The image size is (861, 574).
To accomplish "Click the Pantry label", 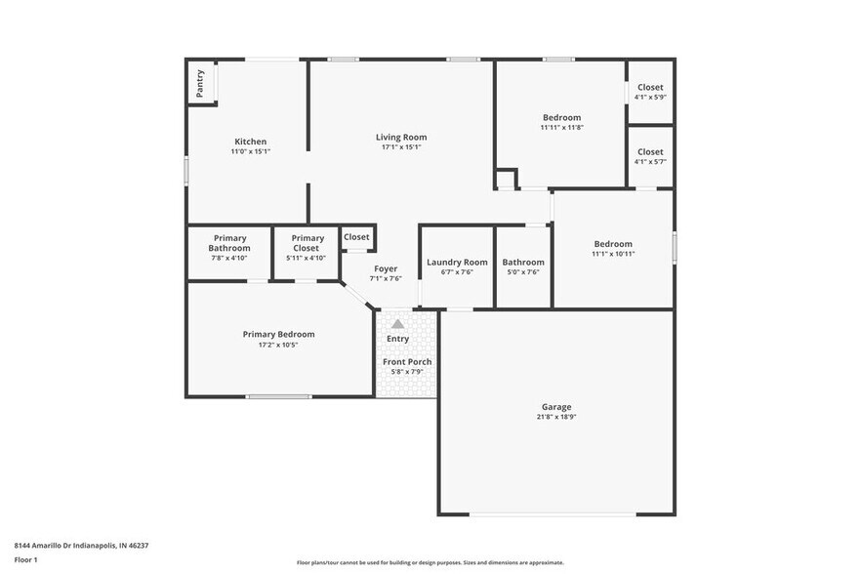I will (200, 83).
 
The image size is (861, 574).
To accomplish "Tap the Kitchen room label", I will (250, 142).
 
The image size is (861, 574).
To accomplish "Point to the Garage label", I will (556, 407).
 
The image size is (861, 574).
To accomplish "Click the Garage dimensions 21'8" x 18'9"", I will (556, 418).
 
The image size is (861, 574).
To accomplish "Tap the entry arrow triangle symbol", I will (397, 323).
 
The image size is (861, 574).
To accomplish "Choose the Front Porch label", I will (407, 362).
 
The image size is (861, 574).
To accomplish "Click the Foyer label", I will (386, 268).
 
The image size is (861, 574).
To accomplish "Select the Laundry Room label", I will (457, 262).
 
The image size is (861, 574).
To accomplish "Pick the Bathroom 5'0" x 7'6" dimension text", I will (523, 272).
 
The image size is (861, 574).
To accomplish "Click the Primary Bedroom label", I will (279, 334).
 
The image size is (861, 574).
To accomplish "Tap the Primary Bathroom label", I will (229, 243).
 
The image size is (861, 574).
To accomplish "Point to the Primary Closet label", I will (307, 243).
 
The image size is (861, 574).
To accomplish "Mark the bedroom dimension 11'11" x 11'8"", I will (561, 128).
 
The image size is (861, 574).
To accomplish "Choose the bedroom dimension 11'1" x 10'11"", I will (613, 254).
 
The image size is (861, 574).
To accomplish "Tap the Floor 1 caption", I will (25, 559).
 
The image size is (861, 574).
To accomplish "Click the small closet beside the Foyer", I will (356, 237).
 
